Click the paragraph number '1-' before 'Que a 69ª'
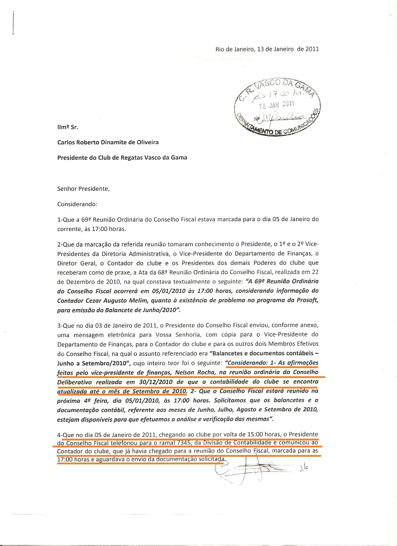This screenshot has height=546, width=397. (60, 220)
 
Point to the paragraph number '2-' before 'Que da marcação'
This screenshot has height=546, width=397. (60, 242)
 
